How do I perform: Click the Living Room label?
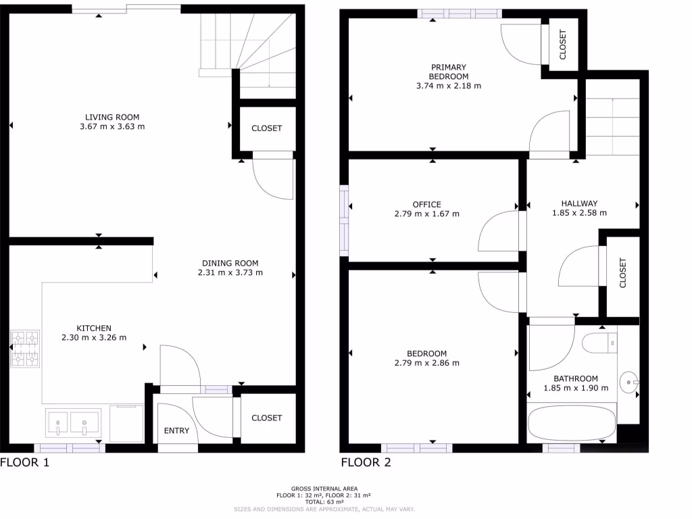point(112,117)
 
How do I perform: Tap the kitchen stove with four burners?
point(24,348)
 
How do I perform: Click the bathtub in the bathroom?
point(572,422)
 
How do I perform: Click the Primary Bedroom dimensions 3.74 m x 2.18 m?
point(449,86)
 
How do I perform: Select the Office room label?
point(426,204)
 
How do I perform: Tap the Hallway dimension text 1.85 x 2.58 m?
point(579,213)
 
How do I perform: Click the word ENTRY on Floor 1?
point(176,430)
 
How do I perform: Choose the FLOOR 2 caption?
point(366,463)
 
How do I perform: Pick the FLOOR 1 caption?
point(25,463)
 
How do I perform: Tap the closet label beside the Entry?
point(266,418)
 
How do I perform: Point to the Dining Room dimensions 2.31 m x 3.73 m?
point(230,273)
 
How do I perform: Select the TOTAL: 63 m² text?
point(324,502)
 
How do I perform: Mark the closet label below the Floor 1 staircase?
point(266,128)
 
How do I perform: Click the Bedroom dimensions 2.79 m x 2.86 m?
point(426,363)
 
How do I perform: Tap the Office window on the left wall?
point(345,222)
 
